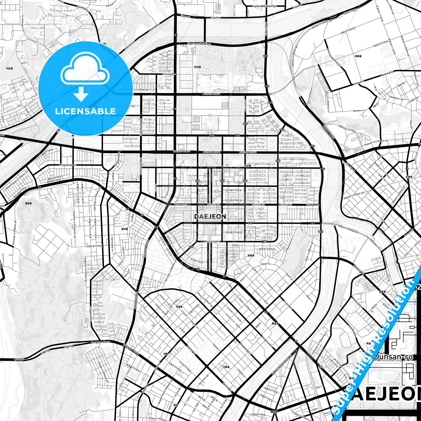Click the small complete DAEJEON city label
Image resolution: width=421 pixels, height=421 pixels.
pyautogui.click(x=210, y=216)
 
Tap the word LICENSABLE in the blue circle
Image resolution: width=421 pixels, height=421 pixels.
pyautogui.click(x=85, y=111)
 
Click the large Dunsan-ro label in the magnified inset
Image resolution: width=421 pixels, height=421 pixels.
pyautogui.click(x=393, y=357)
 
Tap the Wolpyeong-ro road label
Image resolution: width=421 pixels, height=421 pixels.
pyautogui.click(x=68, y=165)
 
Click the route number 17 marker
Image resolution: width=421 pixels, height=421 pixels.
pyautogui.click(x=407, y=169)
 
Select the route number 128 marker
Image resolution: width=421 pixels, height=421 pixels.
pyautogui.click(x=198, y=181)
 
